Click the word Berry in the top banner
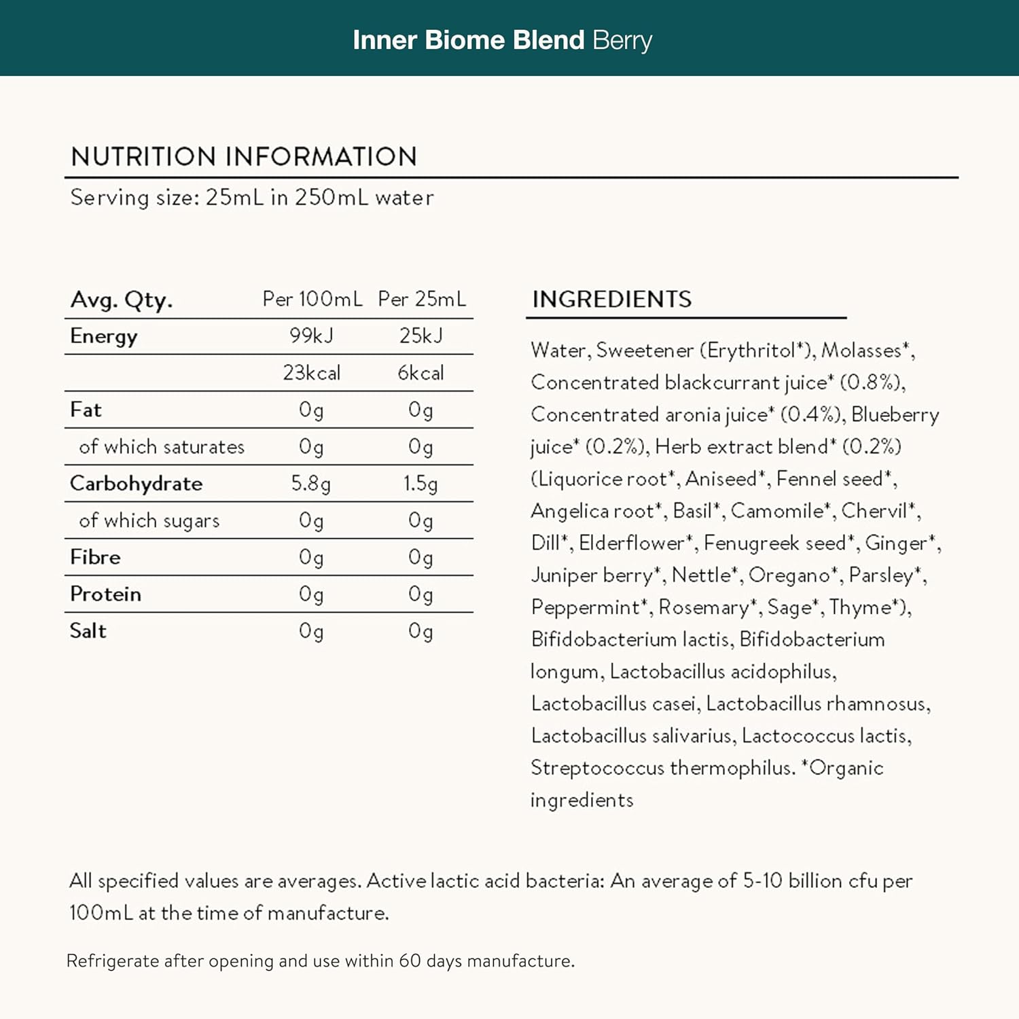coord(622,41)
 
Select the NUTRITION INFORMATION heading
coord(244,157)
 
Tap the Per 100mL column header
coord(312,299)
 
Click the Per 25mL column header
coord(422,299)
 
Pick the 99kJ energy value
coord(311,336)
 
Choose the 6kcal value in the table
coord(421,373)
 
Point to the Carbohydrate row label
coord(136,484)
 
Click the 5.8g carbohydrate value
coord(310,484)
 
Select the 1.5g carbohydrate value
coord(421,484)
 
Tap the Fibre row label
coord(95,557)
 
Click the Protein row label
coord(105,594)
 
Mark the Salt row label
coord(88,631)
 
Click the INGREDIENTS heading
coord(611,300)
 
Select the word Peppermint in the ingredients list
coord(585,607)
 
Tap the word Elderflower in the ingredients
coord(632,543)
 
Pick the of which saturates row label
coord(161,447)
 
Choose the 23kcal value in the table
coord(311,373)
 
